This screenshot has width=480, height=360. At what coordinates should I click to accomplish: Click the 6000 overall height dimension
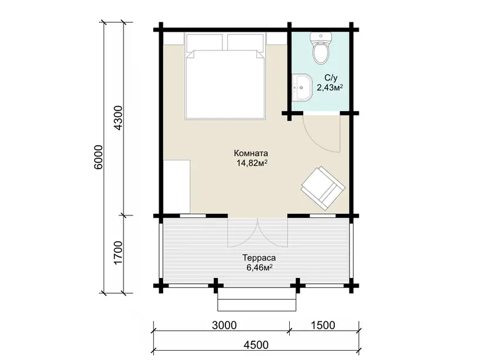[x=98, y=157]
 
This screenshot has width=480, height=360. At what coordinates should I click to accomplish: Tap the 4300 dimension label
[x=118, y=118]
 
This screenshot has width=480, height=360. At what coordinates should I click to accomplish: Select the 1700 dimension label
[x=118, y=253]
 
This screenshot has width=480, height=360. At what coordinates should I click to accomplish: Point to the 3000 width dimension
[x=224, y=325]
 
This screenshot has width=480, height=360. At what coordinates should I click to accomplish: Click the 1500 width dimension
[x=323, y=325]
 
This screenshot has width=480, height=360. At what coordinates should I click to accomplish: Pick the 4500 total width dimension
[x=256, y=345]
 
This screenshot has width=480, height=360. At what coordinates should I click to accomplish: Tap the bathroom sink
[x=302, y=87]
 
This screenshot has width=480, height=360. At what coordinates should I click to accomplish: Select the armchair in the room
[x=323, y=188]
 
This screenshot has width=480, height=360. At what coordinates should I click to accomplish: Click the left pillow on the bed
[x=204, y=42]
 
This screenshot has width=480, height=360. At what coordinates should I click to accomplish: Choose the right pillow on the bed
[x=246, y=42]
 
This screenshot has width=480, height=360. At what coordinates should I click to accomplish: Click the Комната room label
[x=251, y=153]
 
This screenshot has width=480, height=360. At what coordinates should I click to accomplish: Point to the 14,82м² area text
[x=252, y=163]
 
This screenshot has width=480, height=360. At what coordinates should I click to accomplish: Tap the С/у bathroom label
[x=331, y=78]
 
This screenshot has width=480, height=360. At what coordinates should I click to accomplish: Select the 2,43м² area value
[x=330, y=88]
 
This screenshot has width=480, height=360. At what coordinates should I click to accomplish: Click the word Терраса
[x=259, y=258]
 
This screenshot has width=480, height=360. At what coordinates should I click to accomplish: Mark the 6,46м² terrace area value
[x=259, y=268]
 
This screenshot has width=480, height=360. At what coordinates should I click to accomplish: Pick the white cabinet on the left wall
[x=177, y=186]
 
